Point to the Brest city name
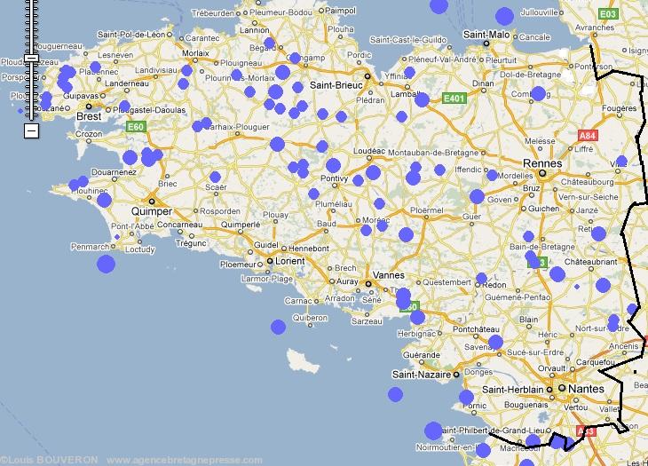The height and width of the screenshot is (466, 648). [89, 116]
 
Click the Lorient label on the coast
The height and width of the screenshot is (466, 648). [284, 263]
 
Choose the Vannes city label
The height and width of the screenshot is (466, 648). [388, 275]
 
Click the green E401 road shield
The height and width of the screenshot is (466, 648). [454, 99]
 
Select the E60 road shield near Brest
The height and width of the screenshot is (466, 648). [135, 127]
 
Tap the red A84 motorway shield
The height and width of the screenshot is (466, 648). [587, 135]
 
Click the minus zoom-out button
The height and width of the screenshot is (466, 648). [31, 130]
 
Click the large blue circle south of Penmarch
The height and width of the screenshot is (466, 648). [107, 264]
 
